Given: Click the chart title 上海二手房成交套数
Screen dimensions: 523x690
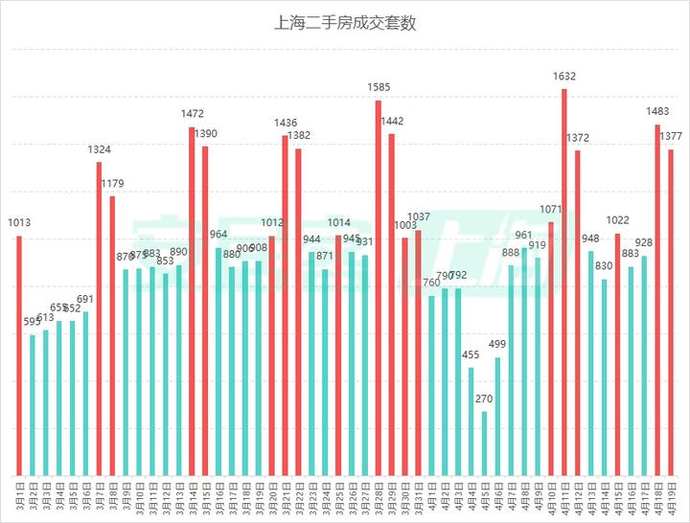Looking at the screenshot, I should (345, 23).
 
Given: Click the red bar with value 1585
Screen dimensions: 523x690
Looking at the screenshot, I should (379, 287).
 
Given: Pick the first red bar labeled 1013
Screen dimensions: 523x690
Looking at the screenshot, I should (19, 355).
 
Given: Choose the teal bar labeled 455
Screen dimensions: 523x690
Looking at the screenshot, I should (471, 421).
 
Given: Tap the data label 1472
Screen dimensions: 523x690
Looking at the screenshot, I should (193, 114).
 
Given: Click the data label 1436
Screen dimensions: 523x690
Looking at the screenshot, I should (286, 123).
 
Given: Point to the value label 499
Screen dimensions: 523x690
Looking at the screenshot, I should (497, 344).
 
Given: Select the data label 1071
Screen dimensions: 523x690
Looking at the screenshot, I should (551, 209).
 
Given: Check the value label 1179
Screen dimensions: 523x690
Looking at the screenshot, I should (112, 183).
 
